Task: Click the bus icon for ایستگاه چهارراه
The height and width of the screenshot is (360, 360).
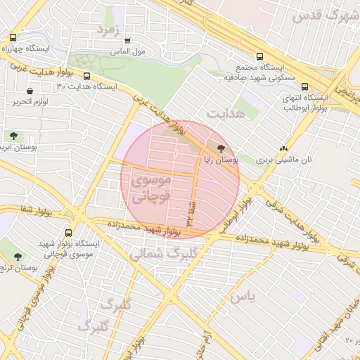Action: (x=13, y=38)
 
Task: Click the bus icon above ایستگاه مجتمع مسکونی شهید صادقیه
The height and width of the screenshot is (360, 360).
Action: (x=259, y=56)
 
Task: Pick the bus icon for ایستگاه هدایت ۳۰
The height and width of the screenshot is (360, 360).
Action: (x=86, y=76)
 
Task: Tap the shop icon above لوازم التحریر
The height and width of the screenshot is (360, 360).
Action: (x=30, y=91)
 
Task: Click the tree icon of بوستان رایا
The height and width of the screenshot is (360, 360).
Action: (x=222, y=148)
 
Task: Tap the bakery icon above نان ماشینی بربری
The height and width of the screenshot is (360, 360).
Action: (x=284, y=149)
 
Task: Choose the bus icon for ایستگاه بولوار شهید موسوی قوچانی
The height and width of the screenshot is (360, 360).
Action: (x=68, y=232)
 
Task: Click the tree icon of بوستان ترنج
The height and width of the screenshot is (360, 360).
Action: (x=18, y=257)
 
